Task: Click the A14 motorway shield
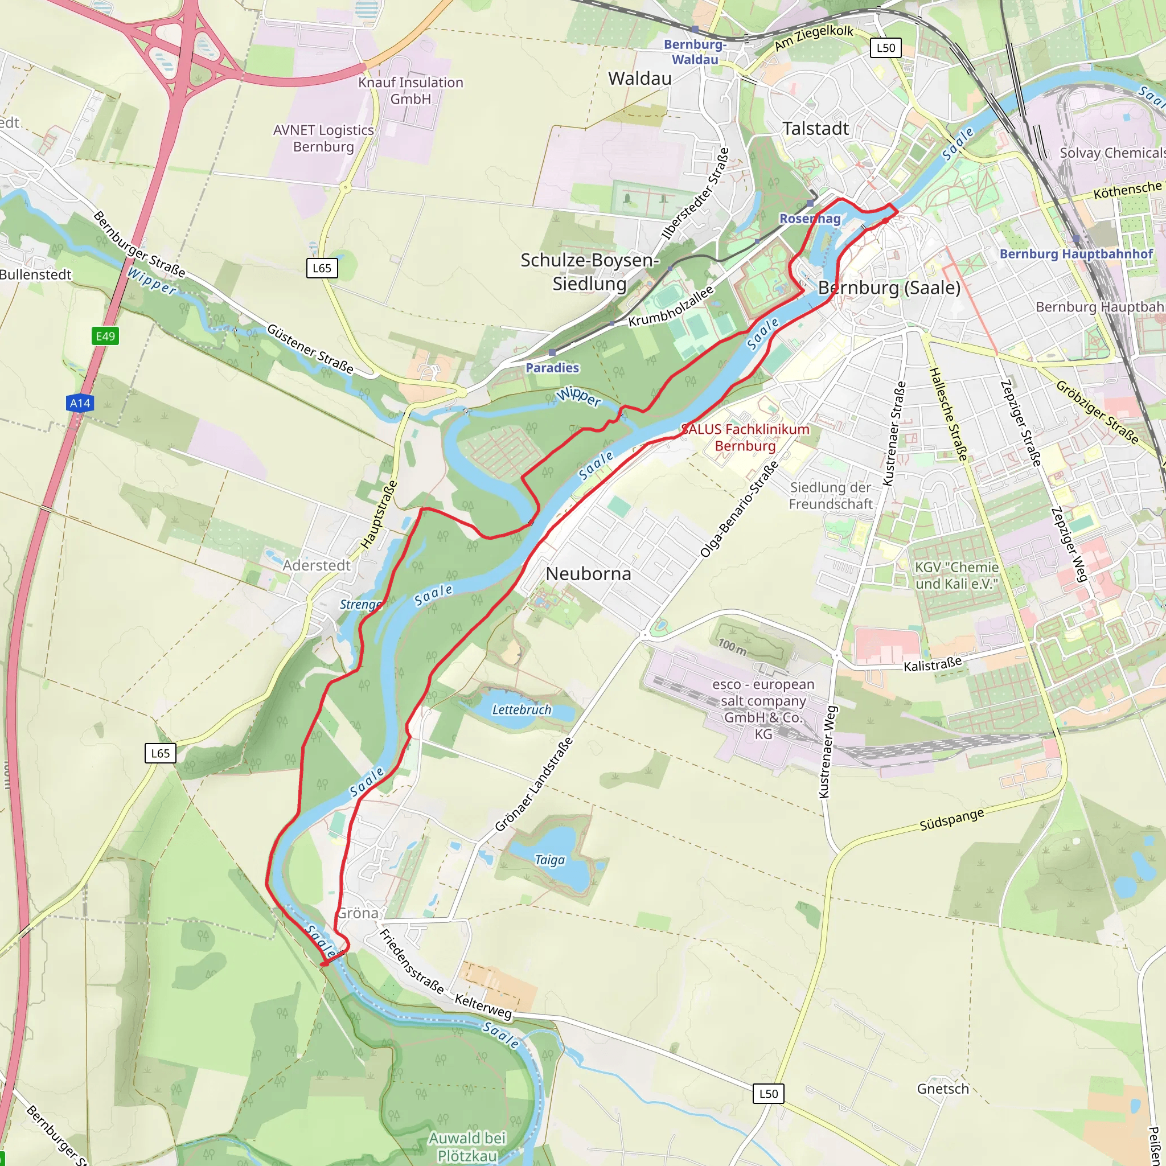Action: tap(80, 403)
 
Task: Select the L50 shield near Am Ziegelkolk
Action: tap(885, 48)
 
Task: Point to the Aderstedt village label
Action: tap(316, 565)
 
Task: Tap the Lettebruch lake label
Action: tap(522, 710)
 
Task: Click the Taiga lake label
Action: tap(549, 860)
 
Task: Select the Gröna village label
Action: tap(358, 913)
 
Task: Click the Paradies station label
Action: tap(552, 368)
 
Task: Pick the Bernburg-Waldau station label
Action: tap(695, 52)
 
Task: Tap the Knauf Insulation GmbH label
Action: tap(410, 91)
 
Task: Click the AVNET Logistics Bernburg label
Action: tap(323, 138)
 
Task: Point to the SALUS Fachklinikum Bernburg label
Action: tap(745, 438)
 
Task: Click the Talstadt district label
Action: tap(815, 129)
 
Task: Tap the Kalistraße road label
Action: tap(933, 664)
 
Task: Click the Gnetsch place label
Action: tap(943, 1089)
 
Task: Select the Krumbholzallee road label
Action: tap(671, 307)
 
